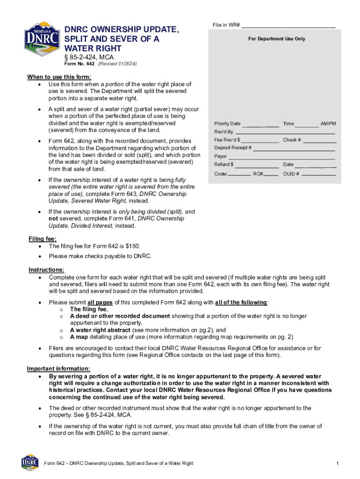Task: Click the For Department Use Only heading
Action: [x=276, y=39]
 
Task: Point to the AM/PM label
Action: [x=328, y=123]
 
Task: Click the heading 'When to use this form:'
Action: [x=59, y=77]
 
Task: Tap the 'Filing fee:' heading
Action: [x=43, y=239]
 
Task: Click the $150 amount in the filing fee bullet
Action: [x=133, y=246]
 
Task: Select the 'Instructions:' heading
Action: [x=46, y=270]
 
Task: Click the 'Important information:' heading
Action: [x=58, y=369]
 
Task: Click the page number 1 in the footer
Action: [x=337, y=463]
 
